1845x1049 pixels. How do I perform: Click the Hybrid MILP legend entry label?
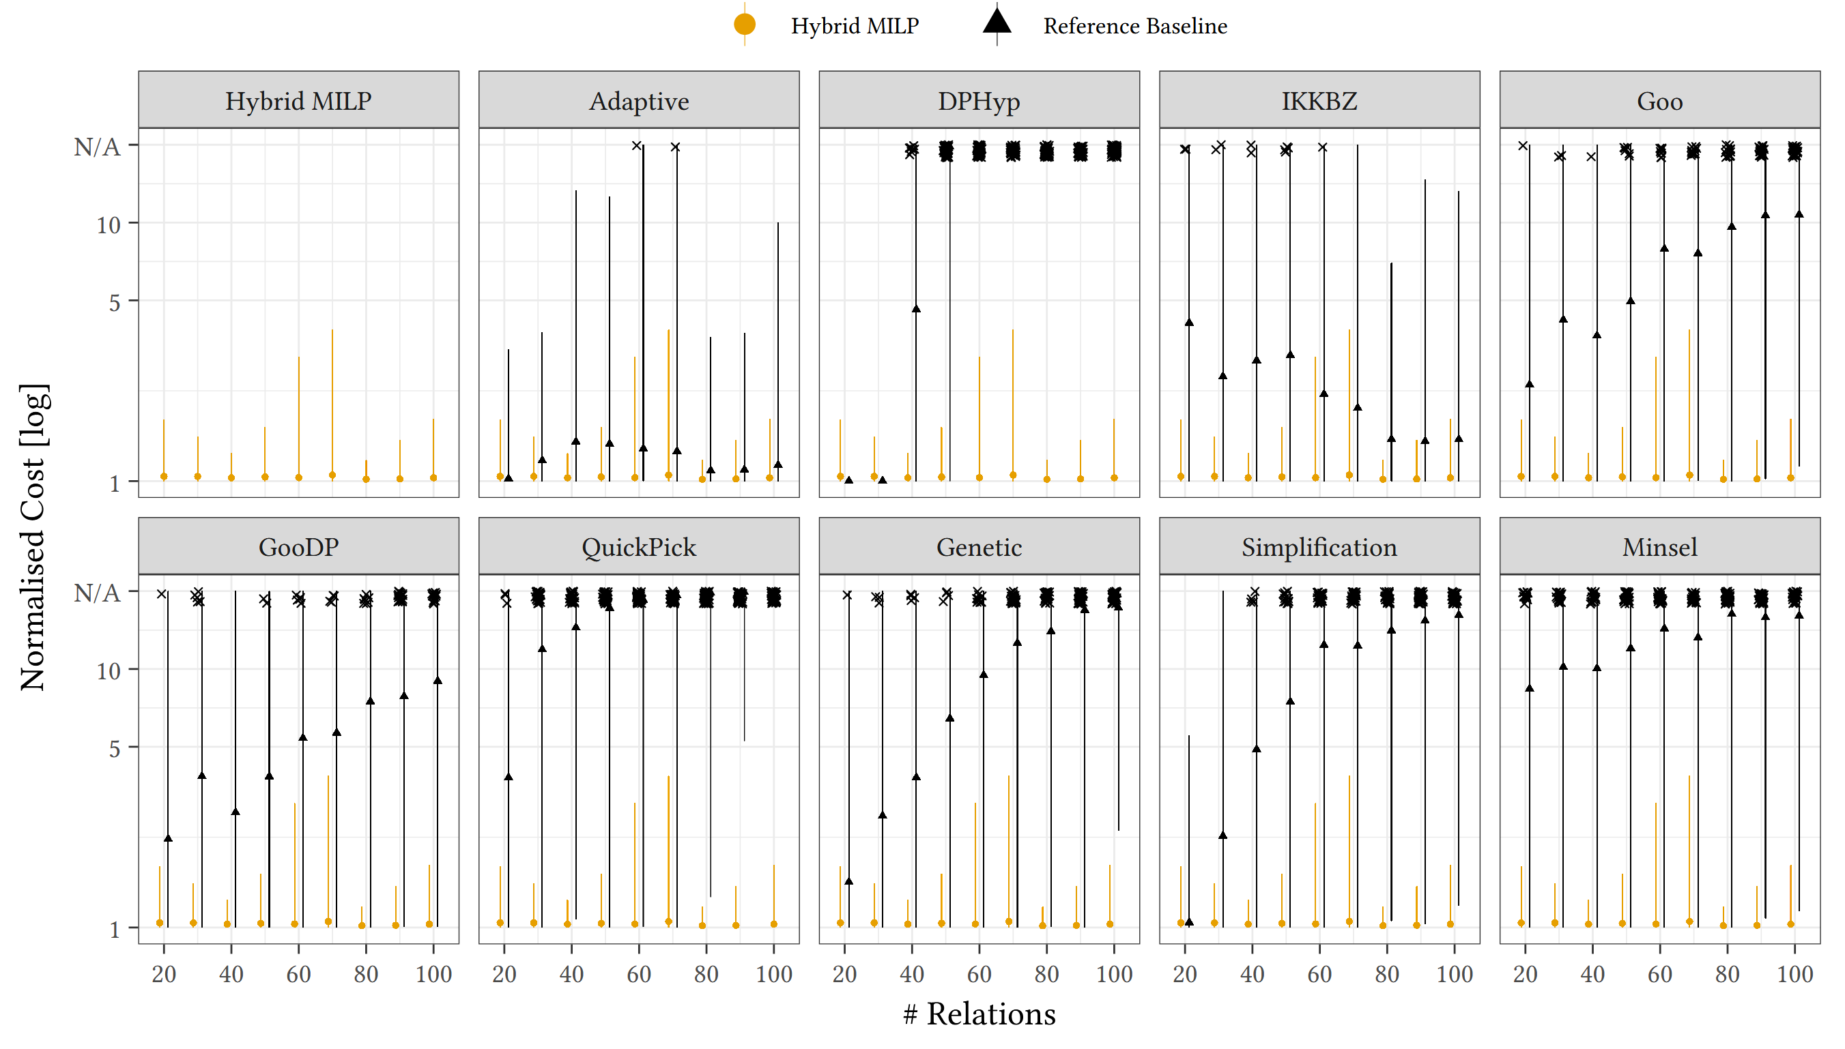tap(854, 26)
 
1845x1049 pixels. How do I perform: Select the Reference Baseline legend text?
tap(1134, 26)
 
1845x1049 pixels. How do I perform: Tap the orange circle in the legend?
tap(744, 25)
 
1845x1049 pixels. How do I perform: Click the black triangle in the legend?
tap(997, 22)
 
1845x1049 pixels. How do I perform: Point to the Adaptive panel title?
tap(638, 101)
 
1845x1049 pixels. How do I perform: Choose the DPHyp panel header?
tap(978, 101)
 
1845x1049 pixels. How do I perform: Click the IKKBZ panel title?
tap(1319, 101)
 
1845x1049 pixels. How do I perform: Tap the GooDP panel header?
tap(298, 547)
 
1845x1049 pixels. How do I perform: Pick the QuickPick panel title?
tap(638, 547)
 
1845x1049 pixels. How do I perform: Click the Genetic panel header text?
tap(978, 547)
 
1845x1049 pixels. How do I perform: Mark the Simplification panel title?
tap(1319, 547)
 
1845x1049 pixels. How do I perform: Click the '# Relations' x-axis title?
tap(978, 1014)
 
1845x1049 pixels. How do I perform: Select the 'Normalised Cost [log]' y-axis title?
tap(33, 537)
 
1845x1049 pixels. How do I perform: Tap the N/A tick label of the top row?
tap(97, 147)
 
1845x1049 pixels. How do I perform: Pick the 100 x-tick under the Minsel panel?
tap(1794, 974)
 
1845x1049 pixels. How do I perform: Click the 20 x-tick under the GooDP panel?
tap(164, 974)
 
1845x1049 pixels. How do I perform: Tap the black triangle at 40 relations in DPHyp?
tap(915, 308)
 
